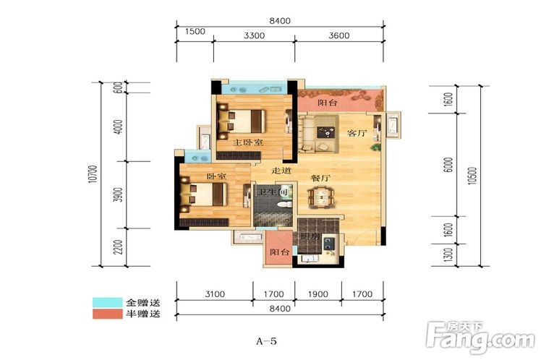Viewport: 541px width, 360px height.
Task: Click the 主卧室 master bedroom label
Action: tap(248, 142)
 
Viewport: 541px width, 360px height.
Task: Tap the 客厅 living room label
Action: tap(357, 133)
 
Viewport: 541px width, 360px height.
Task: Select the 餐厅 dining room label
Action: tap(320, 178)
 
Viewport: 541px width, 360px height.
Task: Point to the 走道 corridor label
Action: tap(281, 171)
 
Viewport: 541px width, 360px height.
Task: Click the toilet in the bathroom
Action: tap(284, 205)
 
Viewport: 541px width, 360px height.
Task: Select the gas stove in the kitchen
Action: tap(329, 243)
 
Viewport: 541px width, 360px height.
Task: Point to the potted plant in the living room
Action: tap(375, 147)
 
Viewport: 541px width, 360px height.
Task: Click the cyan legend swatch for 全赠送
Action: tap(107, 302)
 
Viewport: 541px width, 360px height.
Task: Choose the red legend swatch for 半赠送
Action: tap(107, 314)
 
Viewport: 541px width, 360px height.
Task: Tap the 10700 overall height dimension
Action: tap(93, 174)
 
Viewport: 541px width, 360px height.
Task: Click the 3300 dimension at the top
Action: tap(255, 35)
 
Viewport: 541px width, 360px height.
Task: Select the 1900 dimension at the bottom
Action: tap(318, 294)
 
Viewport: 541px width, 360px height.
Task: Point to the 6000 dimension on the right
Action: tap(448, 165)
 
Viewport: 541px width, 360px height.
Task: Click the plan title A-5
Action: tap(266, 341)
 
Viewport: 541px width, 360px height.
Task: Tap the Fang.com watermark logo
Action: tap(480, 338)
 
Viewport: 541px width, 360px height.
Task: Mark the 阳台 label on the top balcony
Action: tap(328, 103)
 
